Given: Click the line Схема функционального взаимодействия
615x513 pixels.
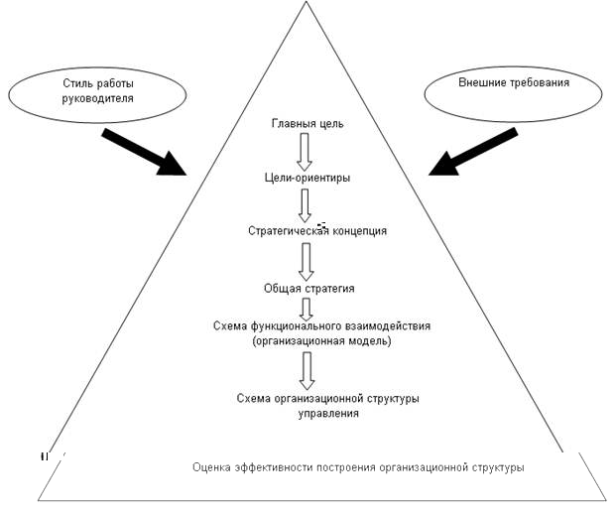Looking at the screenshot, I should pos(308,325).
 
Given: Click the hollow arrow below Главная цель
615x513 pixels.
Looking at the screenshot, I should pos(306,151).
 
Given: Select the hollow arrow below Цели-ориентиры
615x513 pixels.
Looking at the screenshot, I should pos(306,204).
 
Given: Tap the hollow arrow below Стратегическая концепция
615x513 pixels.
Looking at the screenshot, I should pos(306,260).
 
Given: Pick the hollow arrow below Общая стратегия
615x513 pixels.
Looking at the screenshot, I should pos(306,308).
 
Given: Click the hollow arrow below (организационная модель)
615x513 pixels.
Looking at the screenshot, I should pos(307,370).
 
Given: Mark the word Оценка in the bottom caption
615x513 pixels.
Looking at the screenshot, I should pos(210,466).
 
